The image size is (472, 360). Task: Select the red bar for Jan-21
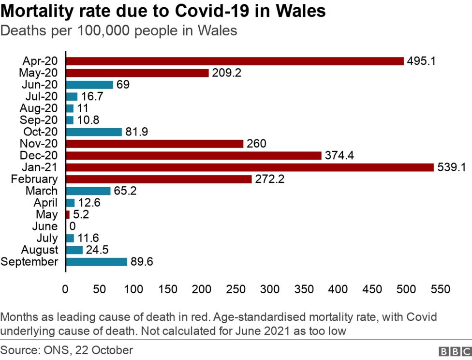click(250, 167)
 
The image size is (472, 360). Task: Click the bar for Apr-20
click(235, 61)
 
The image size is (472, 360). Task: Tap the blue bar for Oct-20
click(93, 132)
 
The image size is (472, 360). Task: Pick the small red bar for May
click(68, 214)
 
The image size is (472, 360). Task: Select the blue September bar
click(96, 262)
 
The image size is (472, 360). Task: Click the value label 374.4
click(340, 156)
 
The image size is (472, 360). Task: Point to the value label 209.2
click(226, 73)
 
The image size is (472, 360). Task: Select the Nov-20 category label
click(39, 144)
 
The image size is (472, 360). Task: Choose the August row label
click(40, 250)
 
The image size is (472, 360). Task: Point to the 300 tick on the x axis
click(270, 289)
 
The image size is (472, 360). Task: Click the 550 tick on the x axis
click(440, 289)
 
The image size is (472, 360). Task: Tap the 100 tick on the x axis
click(133, 289)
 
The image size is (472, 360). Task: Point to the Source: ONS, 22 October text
click(67, 350)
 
